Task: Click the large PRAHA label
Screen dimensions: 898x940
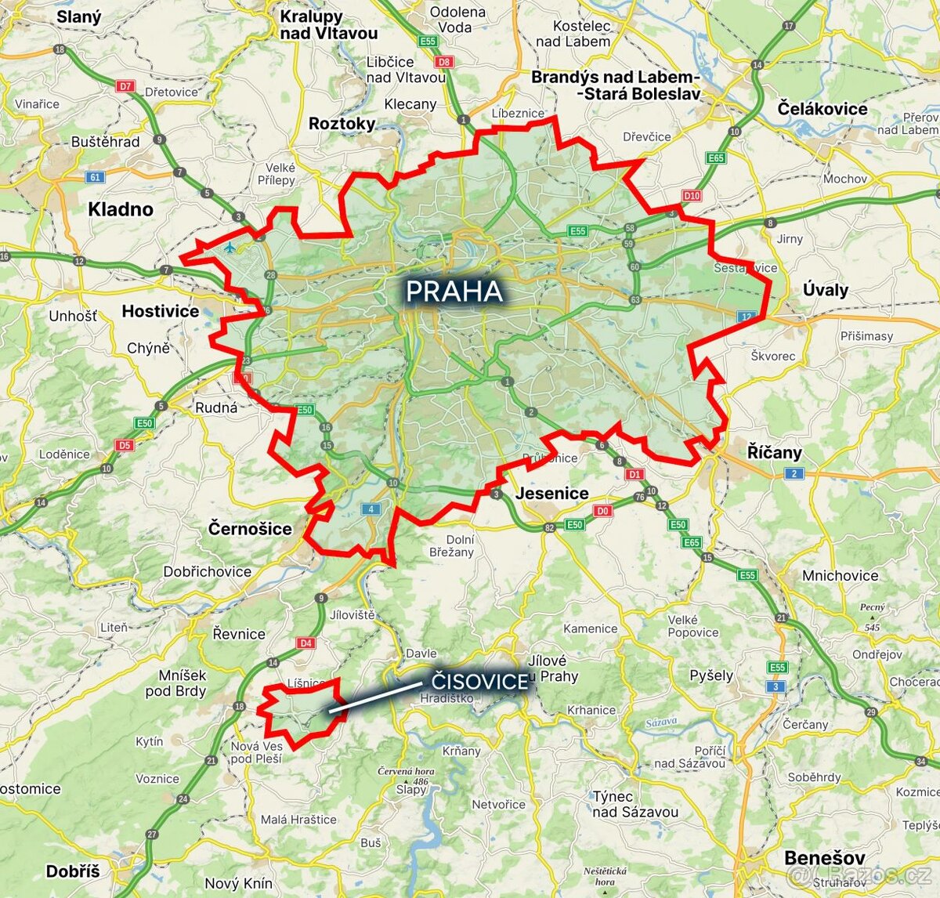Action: point(454,291)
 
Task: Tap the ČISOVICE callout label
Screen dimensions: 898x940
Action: point(479,681)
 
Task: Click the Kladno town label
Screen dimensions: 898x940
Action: point(121,209)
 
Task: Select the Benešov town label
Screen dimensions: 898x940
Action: point(824,857)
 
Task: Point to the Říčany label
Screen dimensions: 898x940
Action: point(774,452)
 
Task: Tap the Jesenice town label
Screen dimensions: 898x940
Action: point(551,493)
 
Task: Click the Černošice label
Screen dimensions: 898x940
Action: point(250,529)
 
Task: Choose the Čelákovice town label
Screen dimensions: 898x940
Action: point(822,109)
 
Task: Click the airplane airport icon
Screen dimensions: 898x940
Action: point(230,248)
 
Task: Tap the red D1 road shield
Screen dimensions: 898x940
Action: point(634,474)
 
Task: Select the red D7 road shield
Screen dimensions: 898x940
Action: point(126,86)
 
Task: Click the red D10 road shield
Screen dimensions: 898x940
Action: point(691,196)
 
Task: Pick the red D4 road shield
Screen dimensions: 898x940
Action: point(305,643)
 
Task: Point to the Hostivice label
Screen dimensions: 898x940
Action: point(161,311)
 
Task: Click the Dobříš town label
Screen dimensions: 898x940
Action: point(73,871)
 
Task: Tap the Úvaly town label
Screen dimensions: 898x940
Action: point(826,290)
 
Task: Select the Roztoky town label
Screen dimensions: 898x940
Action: point(342,123)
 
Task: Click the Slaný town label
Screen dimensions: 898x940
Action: point(78,16)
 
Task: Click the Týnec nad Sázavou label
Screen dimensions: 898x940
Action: point(634,804)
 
